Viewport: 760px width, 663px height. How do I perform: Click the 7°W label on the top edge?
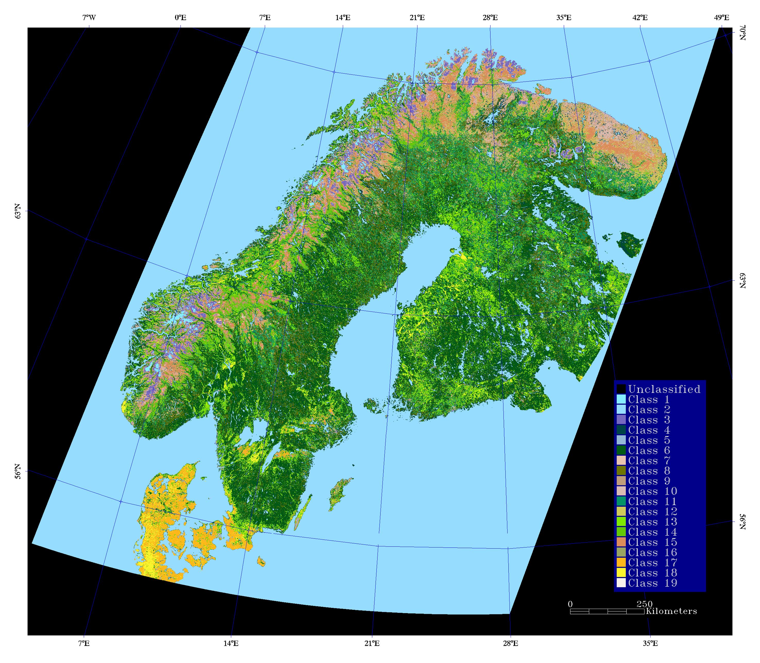(x=89, y=18)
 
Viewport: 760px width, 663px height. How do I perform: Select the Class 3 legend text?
(x=649, y=420)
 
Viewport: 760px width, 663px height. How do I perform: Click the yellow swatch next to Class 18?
(x=621, y=573)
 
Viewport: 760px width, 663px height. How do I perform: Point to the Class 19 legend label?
(x=653, y=583)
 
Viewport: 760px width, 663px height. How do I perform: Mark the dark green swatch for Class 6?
(x=621, y=451)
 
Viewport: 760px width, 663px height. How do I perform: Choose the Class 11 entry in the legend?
(x=653, y=501)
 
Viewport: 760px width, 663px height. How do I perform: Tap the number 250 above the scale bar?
(x=645, y=604)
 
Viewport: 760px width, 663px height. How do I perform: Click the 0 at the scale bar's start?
(x=570, y=604)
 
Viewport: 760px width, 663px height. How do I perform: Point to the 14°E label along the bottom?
(x=231, y=643)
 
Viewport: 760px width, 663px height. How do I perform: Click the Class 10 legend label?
(x=653, y=491)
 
